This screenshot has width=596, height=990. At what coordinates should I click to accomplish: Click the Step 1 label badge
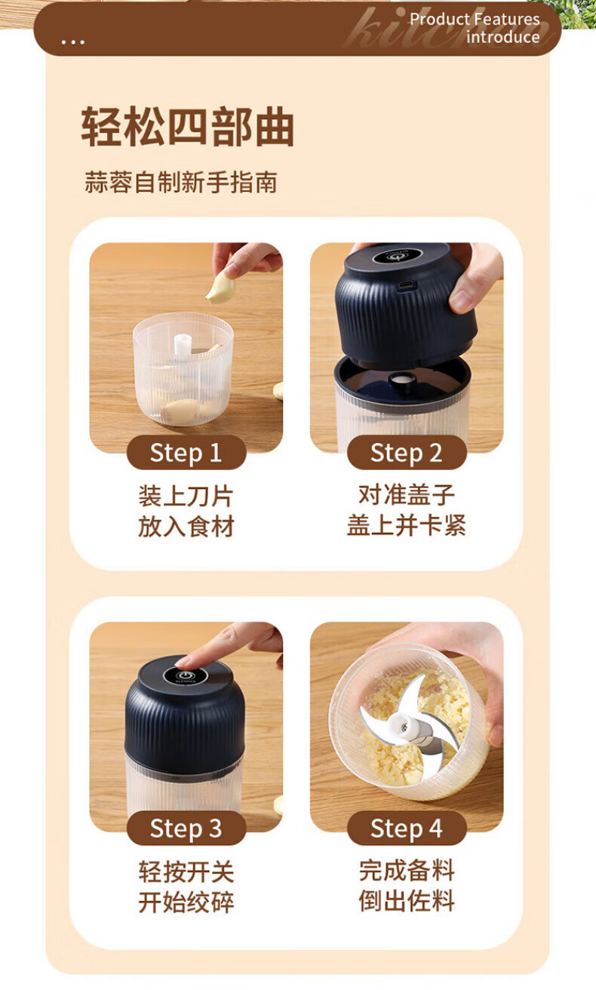pyautogui.click(x=186, y=453)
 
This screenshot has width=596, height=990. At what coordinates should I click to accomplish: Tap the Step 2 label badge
pyautogui.click(x=407, y=453)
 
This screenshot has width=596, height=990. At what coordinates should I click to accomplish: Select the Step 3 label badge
pyautogui.click(x=186, y=828)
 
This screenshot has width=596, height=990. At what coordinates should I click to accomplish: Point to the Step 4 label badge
pyautogui.click(x=407, y=828)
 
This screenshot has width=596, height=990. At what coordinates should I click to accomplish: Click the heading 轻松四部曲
pyautogui.click(x=188, y=127)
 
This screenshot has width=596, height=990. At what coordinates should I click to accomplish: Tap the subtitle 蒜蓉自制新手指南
pyautogui.click(x=181, y=182)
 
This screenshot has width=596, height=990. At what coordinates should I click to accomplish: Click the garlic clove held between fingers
pyautogui.click(x=221, y=287)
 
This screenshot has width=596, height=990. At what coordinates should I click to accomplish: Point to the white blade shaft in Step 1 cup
pyautogui.click(x=183, y=345)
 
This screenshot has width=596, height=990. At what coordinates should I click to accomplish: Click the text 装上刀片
pyautogui.click(x=186, y=496)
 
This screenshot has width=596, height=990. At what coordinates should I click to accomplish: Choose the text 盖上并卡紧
pyautogui.click(x=407, y=525)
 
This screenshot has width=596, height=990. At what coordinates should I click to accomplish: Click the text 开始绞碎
pyautogui.click(x=186, y=902)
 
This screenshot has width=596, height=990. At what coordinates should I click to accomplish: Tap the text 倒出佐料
pyautogui.click(x=407, y=901)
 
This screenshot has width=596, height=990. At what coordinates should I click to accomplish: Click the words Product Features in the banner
pyautogui.click(x=475, y=20)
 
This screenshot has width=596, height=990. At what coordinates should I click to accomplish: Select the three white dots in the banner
pyautogui.click(x=73, y=42)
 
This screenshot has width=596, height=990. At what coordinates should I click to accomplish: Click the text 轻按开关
pyautogui.click(x=186, y=871)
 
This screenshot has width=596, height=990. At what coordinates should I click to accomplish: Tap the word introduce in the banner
pyautogui.click(x=502, y=37)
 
